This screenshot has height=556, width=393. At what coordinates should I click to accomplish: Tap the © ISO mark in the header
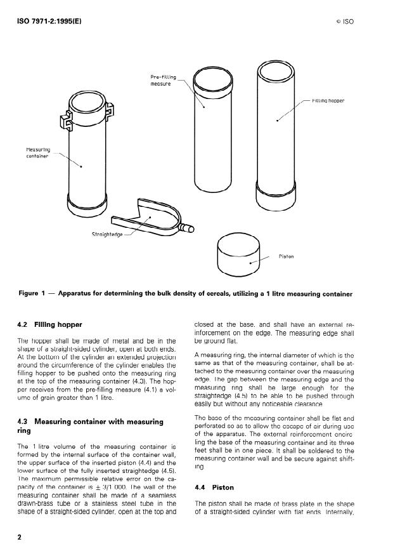[x=344, y=22]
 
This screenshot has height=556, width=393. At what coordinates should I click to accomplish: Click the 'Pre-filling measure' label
[x=163, y=80]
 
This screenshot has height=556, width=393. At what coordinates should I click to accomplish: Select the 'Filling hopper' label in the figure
[x=328, y=100]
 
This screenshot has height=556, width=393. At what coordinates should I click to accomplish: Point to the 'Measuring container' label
[x=37, y=152]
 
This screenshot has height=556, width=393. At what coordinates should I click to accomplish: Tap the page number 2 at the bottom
[x=20, y=537]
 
